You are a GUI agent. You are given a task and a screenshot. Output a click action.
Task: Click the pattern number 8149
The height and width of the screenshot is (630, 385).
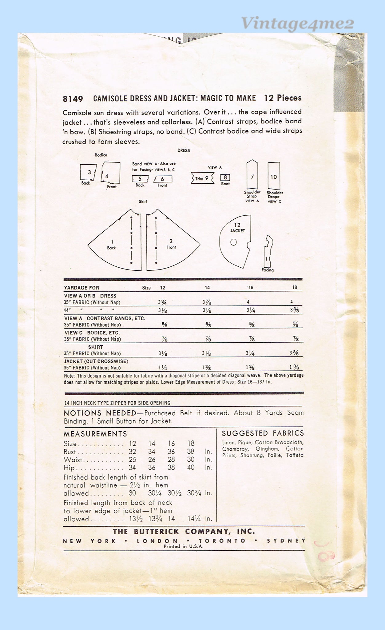[x=73, y=99]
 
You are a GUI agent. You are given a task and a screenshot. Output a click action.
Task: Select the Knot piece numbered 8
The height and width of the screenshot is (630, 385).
[x=225, y=177]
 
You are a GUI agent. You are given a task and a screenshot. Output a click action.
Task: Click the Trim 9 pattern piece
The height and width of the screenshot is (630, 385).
[x=202, y=178]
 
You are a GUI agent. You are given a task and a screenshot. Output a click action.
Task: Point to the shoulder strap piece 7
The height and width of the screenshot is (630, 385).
[x=252, y=175]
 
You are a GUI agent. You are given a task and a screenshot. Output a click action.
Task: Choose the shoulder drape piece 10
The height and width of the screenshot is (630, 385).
[x=274, y=176]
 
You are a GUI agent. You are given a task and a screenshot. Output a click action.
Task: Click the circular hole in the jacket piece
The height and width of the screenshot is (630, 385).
[x=233, y=242]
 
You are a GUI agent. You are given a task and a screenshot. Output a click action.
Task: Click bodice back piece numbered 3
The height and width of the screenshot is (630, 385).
[x=88, y=172]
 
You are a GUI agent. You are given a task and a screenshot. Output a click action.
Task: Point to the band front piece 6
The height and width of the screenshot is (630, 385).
[x=163, y=179]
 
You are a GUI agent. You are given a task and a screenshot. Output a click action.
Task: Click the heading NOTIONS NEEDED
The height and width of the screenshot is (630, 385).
[x=100, y=413]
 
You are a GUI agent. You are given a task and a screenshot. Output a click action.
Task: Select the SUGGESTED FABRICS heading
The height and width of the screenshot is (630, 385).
[x=263, y=433]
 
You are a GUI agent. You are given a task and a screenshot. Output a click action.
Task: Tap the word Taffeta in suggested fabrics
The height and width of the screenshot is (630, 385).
[x=295, y=455]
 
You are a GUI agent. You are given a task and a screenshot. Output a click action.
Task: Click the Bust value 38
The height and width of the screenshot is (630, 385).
[x=191, y=452]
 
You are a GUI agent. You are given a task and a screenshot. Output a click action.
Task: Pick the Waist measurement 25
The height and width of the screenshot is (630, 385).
[x=132, y=460]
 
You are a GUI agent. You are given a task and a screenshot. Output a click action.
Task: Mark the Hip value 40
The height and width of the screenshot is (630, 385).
[x=191, y=468]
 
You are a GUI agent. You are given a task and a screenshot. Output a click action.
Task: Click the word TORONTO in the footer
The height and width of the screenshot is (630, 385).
[x=222, y=541]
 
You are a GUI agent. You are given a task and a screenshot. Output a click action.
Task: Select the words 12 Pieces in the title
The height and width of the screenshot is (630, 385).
[x=283, y=98]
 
